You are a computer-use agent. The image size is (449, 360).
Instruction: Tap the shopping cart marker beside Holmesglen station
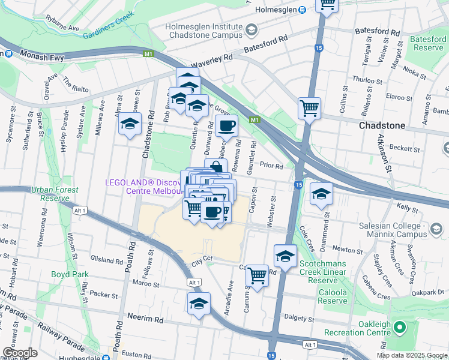[327, 5]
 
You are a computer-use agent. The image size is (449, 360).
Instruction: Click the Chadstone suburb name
[381, 126]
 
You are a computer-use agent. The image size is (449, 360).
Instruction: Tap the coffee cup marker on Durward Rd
[226, 126]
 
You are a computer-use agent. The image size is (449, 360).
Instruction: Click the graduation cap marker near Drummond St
[322, 193]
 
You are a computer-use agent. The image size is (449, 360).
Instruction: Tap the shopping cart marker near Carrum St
[257, 276]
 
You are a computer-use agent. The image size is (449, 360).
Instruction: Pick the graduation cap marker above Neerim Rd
[199, 304]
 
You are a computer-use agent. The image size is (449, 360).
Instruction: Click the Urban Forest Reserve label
[55, 194]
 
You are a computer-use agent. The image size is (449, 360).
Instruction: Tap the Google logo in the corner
[20, 352]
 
